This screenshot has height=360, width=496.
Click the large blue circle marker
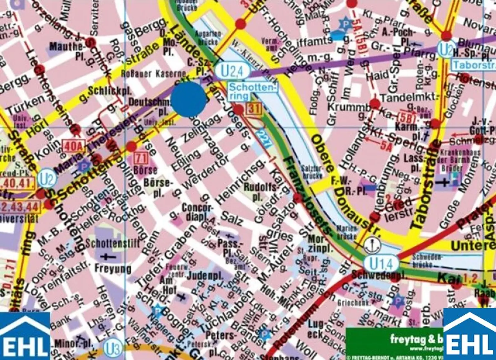coord(188,99)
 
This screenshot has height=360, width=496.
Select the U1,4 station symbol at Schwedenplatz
coord(381,264)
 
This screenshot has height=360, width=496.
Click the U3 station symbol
coord(113,349)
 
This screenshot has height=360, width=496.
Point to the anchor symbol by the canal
coord(373,245)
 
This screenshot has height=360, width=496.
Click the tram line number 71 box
coord(141,159)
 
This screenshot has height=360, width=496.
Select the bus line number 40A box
coord(73,146)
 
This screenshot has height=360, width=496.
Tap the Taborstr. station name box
coord(473,65)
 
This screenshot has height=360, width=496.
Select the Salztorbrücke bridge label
coord(312,172)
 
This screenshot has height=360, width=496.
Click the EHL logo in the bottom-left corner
coord(25,336)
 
